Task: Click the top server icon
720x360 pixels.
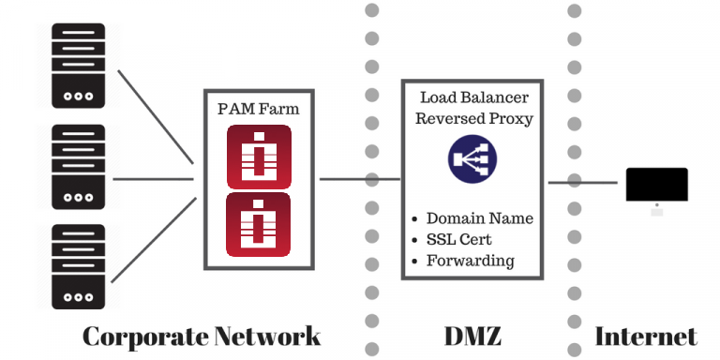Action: pyautogui.click(x=78, y=66)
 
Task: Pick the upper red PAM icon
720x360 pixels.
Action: pyautogui.click(x=258, y=156)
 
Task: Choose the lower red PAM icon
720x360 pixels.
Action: pyautogui.click(x=258, y=224)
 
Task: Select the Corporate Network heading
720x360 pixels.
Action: pyautogui.click(x=202, y=336)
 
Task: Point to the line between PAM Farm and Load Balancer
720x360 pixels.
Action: pyautogui.click(x=360, y=178)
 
